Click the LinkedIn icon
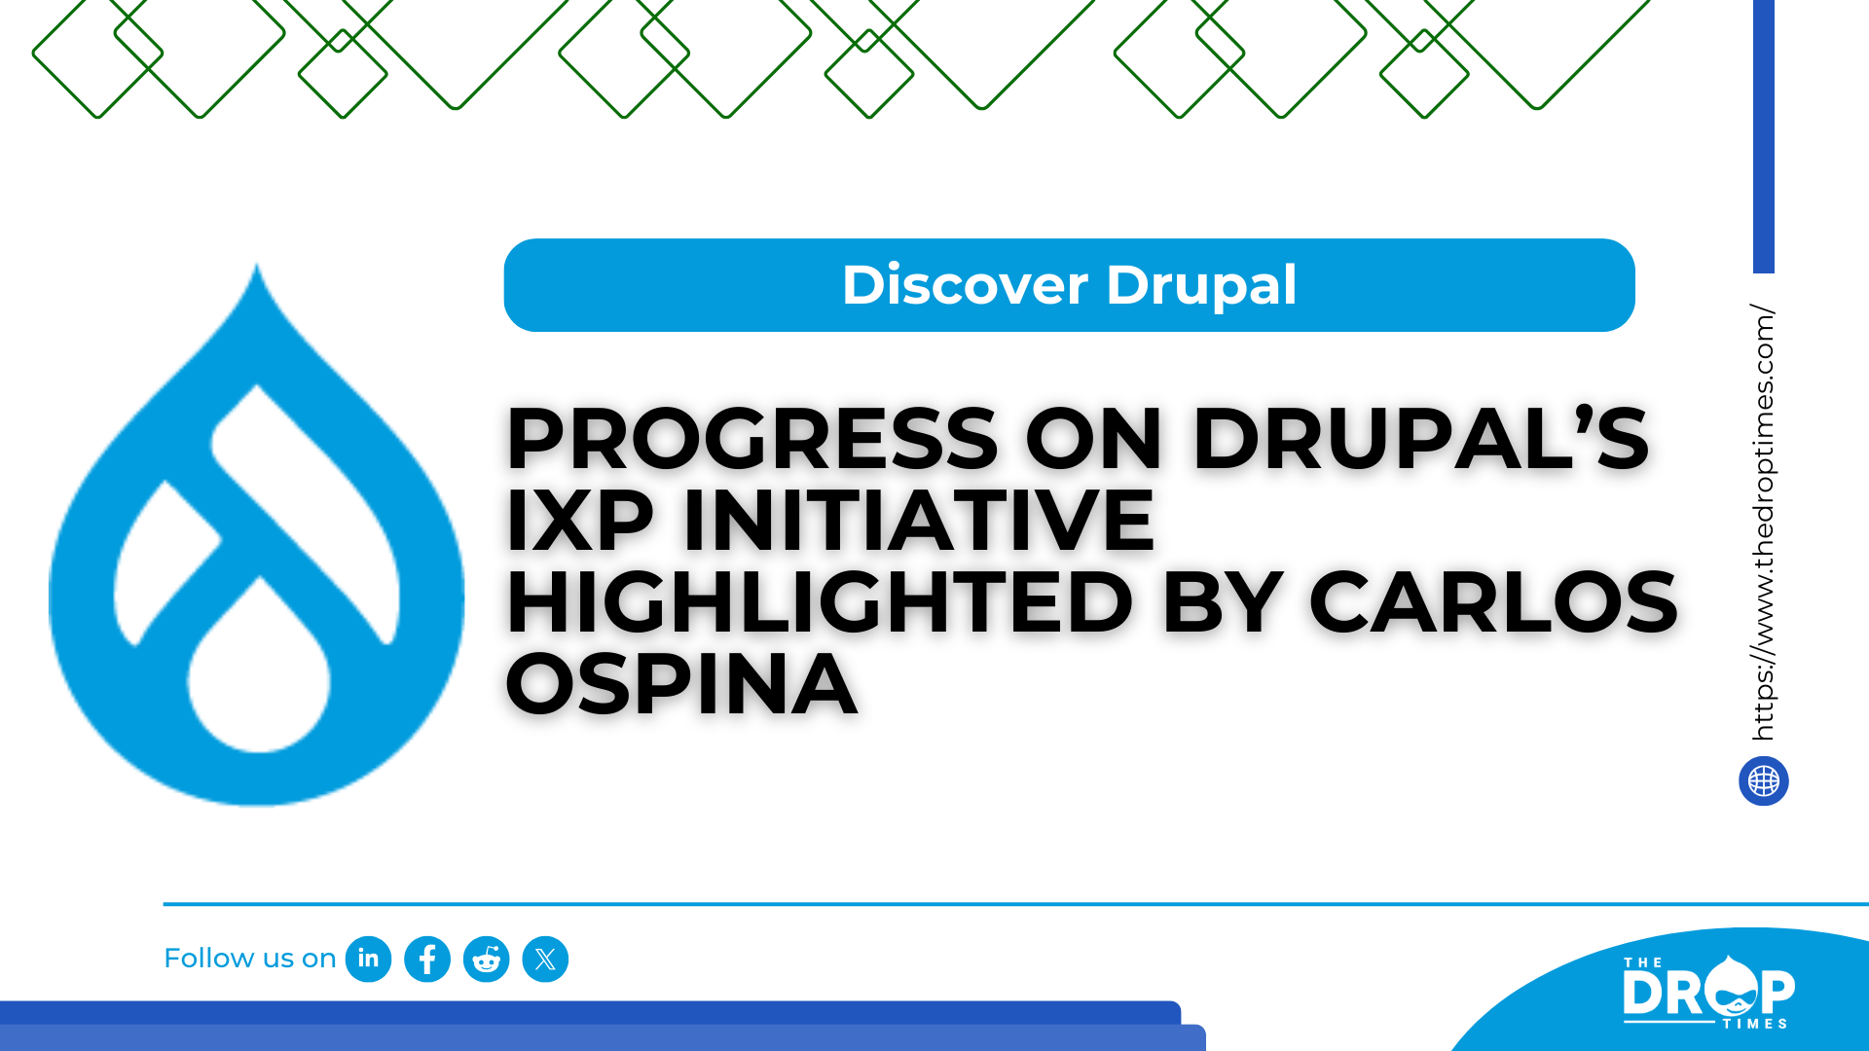[x=368, y=959]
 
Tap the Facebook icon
[x=427, y=959]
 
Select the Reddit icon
[x=487, y=959]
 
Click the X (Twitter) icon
[x=545, y=959]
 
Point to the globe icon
[x=1764, y=780]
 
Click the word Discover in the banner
[x=965, y=285]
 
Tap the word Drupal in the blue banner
[x=1201, y=286]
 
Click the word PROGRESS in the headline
[x=751, y=439]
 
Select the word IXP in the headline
[x=579, y=521]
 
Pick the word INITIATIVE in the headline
[x=919, y=521]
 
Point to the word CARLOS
[x=1493, y=602]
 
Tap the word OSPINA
[x=681, y=684]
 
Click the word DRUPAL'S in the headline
[x=1420, y=439]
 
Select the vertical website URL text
[x=1763, y=523]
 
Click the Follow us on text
[x=250, y=959]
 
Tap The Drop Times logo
[x=1708, y=992]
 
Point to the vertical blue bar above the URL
[x=1764, y=136]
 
